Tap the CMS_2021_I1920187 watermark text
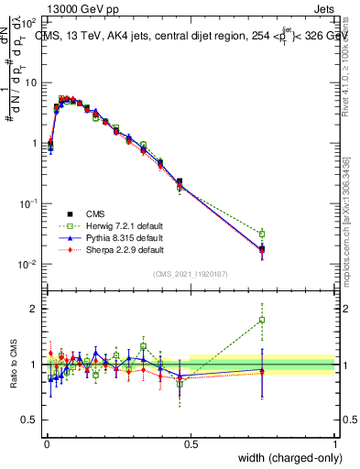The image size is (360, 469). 191,274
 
